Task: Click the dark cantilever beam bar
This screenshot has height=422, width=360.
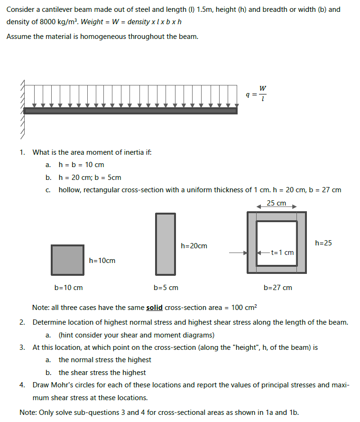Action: click(130, 111)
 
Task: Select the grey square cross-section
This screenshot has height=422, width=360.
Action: click(68, 260)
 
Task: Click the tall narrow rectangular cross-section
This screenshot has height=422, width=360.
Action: click(166, 244)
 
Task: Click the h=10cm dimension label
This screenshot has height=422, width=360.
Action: click(102, 261)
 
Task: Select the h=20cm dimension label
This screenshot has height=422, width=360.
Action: click(194, 246)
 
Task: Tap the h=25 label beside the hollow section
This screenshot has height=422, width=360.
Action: click(323, 243)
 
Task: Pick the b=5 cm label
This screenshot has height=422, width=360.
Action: click(166, 288)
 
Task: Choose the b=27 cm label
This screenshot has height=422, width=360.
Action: click(278, 288)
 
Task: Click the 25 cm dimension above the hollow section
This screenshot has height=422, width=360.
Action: click(277, 203)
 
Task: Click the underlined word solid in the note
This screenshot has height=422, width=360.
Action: click(154, 308)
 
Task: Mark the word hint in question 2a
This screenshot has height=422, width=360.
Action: click(69, 335)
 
